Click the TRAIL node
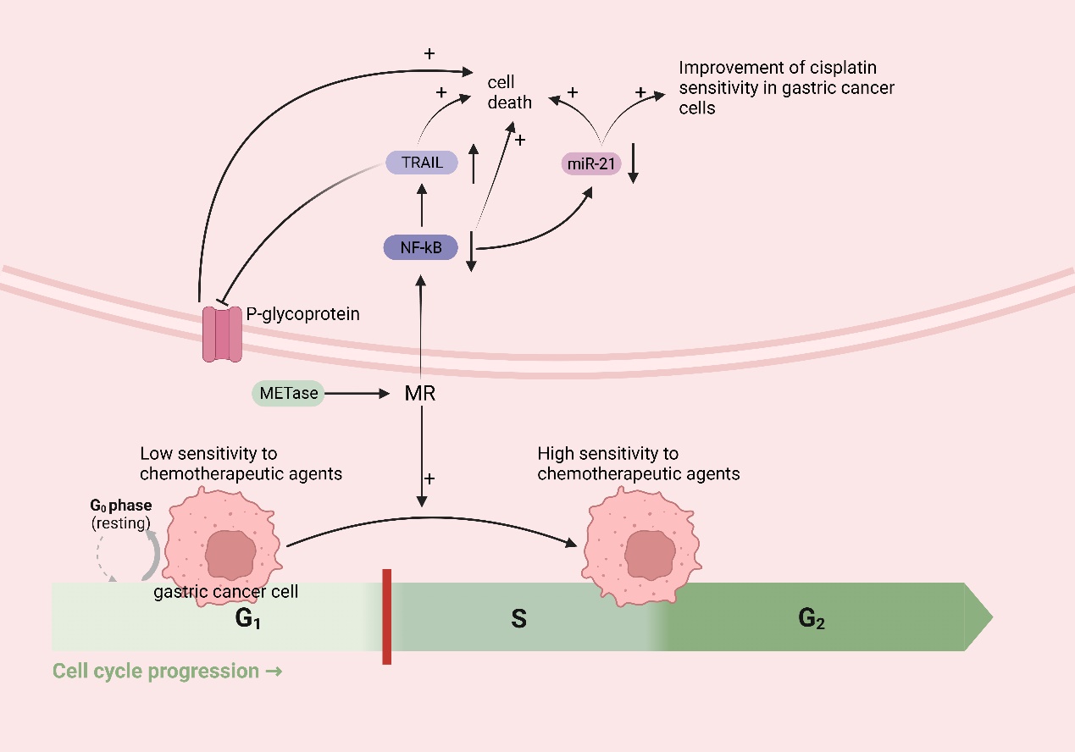(420, 163)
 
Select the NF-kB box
(420, 247)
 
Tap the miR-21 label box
(591, 163)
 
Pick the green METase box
(288, 393)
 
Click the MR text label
(420, 394)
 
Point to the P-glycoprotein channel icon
(222, 334)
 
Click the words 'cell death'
(509, 92)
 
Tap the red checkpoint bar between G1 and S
(386, 617)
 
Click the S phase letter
(518, 619)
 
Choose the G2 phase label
(812, 619)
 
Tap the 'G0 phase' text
(120, 506)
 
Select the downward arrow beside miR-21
(634, 163)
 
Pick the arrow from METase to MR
(360, 394)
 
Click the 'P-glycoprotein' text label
(302, 314)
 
